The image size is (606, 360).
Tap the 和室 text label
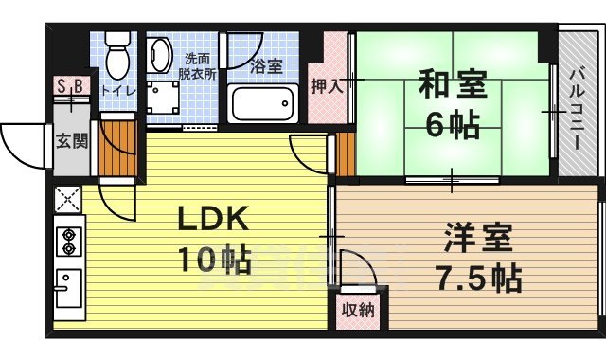click(x=453, y=87)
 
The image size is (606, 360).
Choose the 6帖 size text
click(x=453, y=125)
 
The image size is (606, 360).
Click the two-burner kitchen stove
click(x=68, y=241)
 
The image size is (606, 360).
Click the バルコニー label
click(x=575, y=106)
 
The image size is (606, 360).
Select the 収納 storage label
click(x=358, y=309)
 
